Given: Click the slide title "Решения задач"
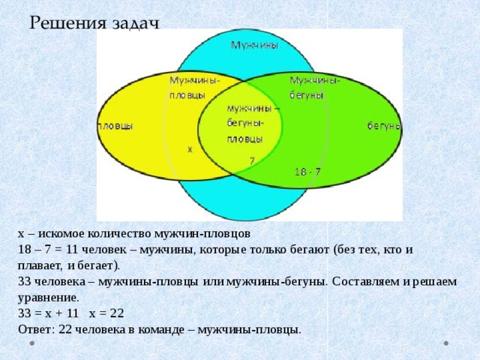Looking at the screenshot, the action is [x=94, y=23].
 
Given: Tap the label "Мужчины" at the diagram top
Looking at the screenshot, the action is [x=255, y=45].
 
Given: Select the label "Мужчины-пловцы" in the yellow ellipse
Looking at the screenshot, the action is [x=195, y=88].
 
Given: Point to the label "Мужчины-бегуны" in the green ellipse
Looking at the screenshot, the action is [x=315, y=88].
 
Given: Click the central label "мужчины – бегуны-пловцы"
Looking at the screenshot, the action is [x=253, y=124].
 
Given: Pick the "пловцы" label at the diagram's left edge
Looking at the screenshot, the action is [x=115, y=126].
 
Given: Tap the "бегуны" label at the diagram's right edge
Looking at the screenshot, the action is [x=384, y=126].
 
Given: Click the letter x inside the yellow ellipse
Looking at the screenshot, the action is [x=190, y=150].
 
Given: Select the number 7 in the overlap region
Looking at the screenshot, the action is [x=252, y=160].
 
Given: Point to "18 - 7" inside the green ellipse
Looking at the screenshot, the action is [x=307, y=172].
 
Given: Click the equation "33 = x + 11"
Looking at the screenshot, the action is [x=48, y=313].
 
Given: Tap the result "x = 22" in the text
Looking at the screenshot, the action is [x=106, y=313].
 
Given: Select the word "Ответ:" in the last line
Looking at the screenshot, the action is [x=37, y=329].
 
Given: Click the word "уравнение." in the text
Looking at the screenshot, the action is [x=49, y=298].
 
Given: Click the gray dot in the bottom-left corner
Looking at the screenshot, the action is [x=31, y=343].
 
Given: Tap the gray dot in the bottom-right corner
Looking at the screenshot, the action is [x=446, y=343].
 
